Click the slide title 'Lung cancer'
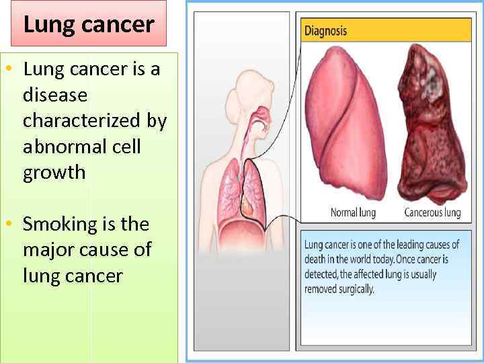pyautogui.click(x=89, y=25)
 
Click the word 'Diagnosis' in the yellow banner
pyautogui.click(x=326, y=30)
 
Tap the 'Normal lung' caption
pyautogui.click(x=353, y=212)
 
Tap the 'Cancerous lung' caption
pyautogui.click(x=432, y=212)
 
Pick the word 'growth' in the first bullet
pyautogui.click(x=54, y=173)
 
